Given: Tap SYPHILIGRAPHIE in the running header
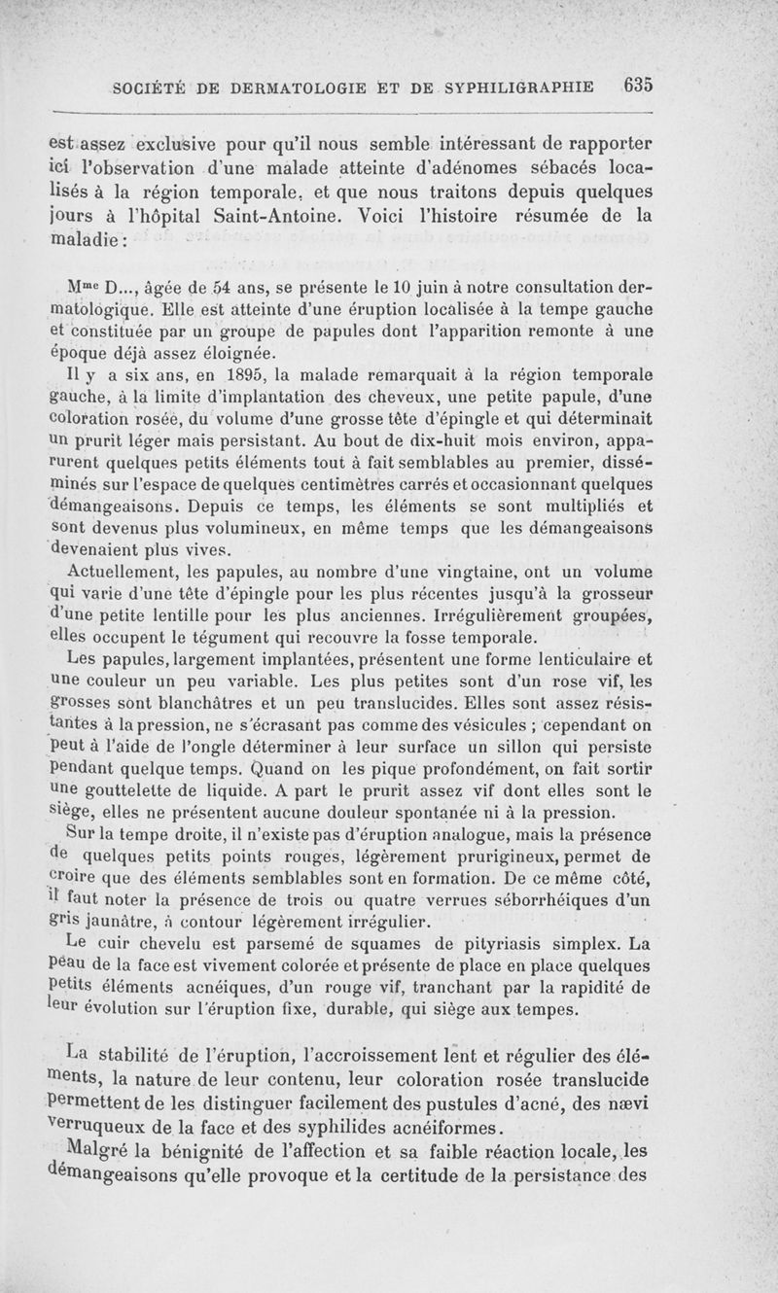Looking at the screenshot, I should (520, 87).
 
